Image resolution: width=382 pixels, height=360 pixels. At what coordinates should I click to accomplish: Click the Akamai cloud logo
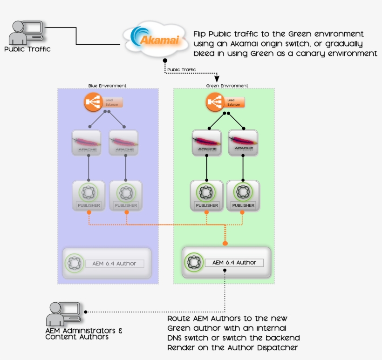pos(156,38)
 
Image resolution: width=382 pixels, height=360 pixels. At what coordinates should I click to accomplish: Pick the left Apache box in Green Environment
pos(207,143)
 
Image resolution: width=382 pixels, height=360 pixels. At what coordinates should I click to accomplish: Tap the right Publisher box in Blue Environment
pos(125,196)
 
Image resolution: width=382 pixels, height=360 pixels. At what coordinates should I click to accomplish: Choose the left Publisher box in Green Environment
pos(207,196)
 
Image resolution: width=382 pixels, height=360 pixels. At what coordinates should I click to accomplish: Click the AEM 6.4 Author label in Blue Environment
pos(114,264)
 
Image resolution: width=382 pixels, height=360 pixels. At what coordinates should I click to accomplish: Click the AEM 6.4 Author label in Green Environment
pos(234,263)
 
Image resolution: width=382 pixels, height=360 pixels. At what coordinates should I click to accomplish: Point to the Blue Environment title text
pos(108,86)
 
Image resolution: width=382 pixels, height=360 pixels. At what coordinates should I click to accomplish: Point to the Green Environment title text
pos(227,86)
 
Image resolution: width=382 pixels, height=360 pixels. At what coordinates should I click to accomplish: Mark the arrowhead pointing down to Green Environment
pos(217,79)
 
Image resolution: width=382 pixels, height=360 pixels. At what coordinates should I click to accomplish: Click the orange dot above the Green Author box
pos(225,243)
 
